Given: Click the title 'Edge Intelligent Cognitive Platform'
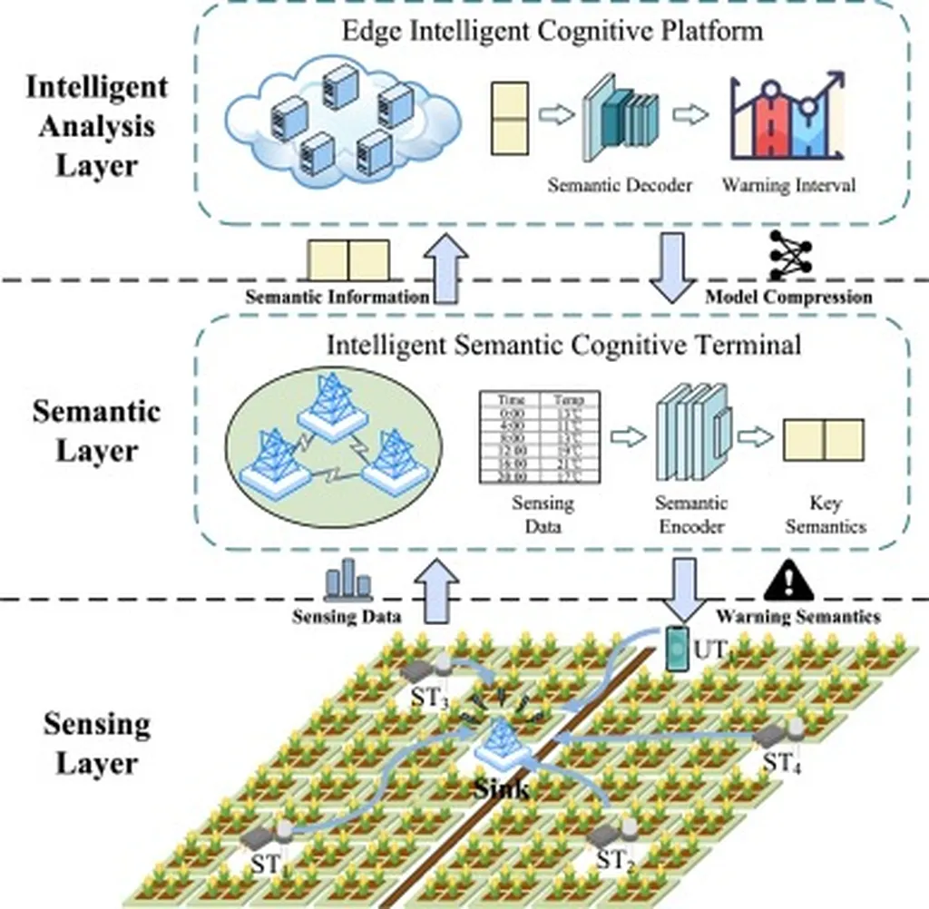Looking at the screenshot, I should pos(552,31).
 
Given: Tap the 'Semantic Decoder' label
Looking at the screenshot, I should pos(620,185).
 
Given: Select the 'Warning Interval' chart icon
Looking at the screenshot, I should pos(787,119).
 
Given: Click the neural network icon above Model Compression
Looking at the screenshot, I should pos(788,255).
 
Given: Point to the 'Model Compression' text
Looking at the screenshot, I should pos(788,297).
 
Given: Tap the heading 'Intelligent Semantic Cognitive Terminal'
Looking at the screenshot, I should pos(552,346).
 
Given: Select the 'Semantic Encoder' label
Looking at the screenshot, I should pos(690,514).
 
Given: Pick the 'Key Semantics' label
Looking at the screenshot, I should pos(825,514).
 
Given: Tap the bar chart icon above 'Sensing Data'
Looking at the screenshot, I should pos(347,581).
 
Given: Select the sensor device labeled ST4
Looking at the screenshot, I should pos(780,734).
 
